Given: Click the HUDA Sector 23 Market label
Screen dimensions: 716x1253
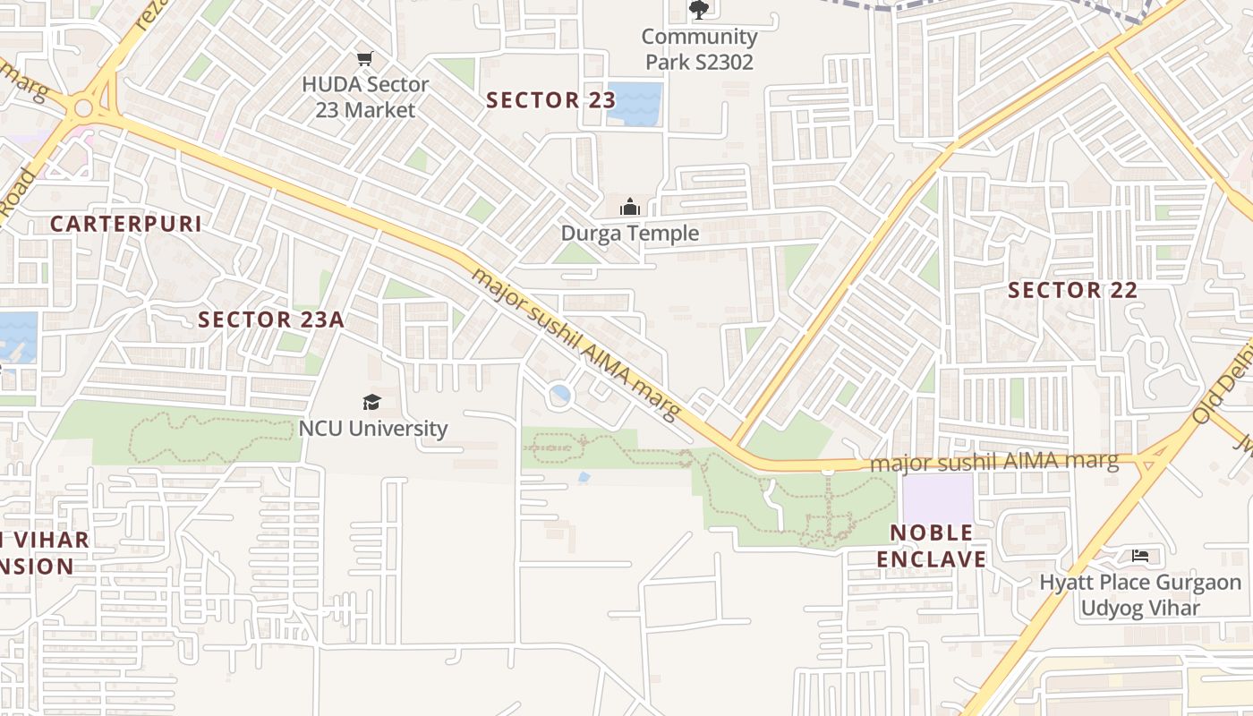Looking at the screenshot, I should pos(365,98).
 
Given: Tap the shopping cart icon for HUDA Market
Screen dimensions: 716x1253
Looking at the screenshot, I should pos(364,59).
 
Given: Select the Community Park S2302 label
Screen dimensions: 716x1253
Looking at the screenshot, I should pos(699,49).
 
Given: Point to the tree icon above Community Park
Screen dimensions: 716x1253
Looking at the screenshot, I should pos(699,10).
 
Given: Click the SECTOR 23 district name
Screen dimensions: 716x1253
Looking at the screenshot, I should pos(545,100).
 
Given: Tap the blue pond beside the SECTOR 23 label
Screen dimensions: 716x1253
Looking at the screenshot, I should pos(635,103).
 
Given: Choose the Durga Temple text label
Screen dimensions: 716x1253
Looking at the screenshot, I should pos(629,234).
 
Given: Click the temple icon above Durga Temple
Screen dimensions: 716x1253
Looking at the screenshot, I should pos(630,207).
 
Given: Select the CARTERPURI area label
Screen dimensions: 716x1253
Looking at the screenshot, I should pos(126,224).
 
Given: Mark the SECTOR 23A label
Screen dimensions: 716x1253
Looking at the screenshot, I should pos(271,320).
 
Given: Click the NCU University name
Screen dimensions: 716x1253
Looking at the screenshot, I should pos(372,429).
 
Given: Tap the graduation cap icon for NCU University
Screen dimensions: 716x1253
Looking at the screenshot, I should pos(371,402).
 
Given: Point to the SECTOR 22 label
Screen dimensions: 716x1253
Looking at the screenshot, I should pos(1072,290).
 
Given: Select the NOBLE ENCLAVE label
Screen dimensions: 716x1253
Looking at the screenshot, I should pos(931,546).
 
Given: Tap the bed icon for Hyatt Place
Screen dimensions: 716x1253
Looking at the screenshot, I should pos(1139,556).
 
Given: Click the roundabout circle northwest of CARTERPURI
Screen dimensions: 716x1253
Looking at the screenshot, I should pos(84,108).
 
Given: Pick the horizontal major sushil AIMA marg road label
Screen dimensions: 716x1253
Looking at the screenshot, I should pos(993,462).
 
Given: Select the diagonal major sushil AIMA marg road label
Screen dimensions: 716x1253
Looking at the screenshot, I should pos(576,343).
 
